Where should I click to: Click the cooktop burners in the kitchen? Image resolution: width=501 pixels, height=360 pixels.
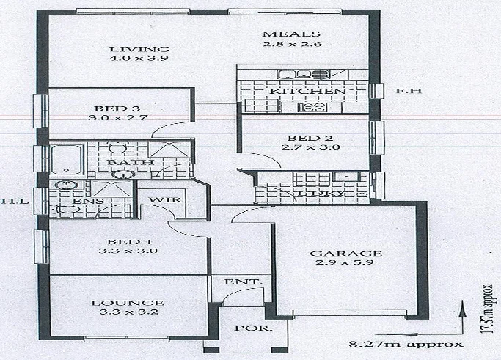[x=315, y=107]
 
